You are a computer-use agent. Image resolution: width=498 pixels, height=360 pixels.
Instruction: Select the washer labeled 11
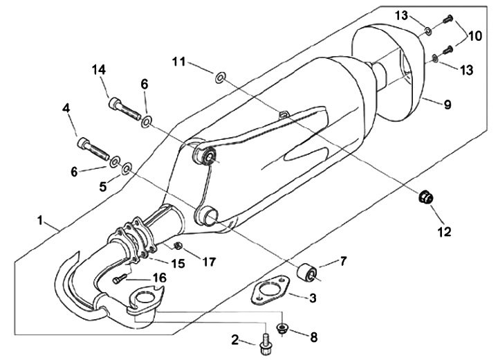(x=220, y=76)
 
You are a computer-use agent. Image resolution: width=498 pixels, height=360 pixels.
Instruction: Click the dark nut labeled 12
(x=425, y=199)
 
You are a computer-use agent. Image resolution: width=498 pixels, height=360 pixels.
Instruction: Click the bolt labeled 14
(x=124, y=109)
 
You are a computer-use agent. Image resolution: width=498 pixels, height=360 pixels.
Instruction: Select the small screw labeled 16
(x=118, y=280)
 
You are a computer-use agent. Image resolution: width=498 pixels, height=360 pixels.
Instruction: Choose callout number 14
(x=99, y=69)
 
